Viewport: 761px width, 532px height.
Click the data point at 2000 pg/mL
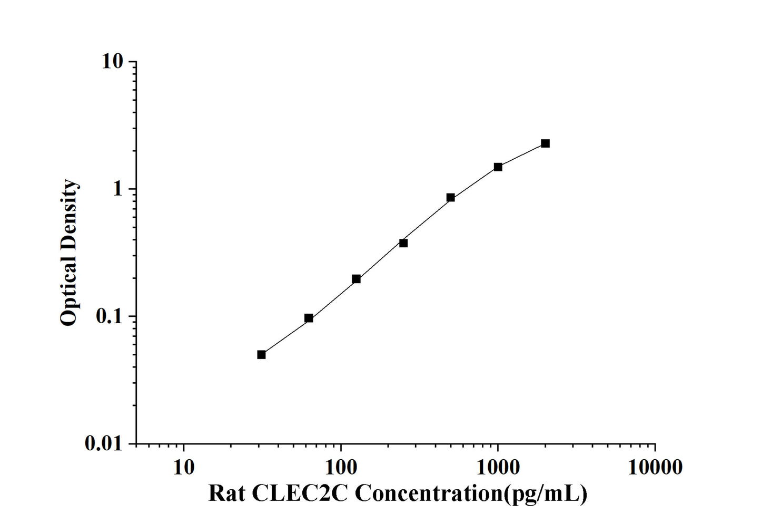[x=545, y=143]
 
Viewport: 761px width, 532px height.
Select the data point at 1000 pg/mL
[x=498, y=167]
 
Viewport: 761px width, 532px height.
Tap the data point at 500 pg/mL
[x=450, y=198]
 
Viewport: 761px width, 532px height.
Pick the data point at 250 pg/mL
[x=403, y=243]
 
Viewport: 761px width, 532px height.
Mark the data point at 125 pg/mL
[x=356, y=279]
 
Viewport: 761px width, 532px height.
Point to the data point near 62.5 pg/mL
[x=309, y=318]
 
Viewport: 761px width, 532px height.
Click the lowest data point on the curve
[x=261, y=354]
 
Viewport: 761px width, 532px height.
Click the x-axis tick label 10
[x=183, y=467]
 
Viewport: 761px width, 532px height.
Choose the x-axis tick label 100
[x=341, y=467]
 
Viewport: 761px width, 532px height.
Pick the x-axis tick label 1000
[x=498, y=467]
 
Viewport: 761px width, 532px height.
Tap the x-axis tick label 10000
[x=655, y=467]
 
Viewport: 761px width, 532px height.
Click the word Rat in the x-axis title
[x=226, y=494]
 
